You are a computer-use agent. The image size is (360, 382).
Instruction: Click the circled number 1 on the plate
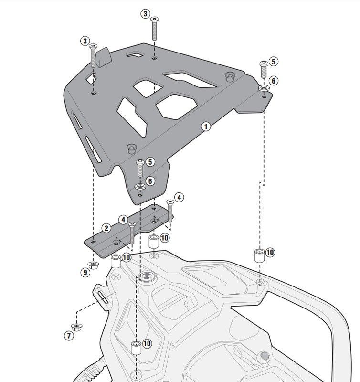[205, 127]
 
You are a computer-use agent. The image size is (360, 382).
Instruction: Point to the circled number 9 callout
[85, 273]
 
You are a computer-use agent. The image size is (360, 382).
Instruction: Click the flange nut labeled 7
[76, 327]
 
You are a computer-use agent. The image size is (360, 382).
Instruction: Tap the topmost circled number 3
[146, 13]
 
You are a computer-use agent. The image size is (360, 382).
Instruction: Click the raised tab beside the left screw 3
[105, 57]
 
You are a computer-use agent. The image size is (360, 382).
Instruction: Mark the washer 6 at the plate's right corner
[263, 88]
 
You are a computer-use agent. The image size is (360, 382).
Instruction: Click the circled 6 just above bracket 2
[149, 181]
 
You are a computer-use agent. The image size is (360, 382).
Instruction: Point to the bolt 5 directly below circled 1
[140, 168]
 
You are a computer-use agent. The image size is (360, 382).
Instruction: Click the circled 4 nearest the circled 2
[123, 220]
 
